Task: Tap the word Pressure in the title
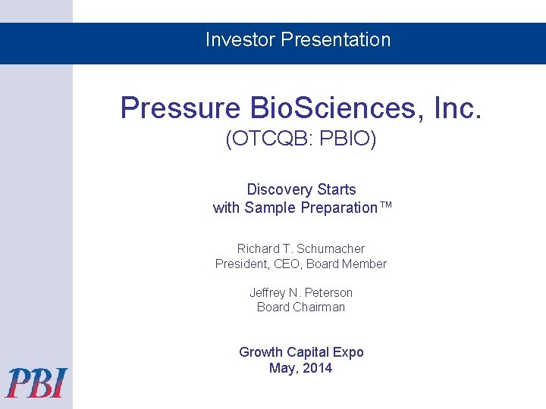(180, 108)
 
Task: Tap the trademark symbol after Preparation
(385, 207)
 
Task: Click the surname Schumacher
(331, 248)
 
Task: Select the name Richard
(258, 248)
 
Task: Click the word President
(242, 264)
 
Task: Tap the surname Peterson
(328, 292)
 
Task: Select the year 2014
(317, 368)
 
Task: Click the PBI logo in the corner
(37, 382)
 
